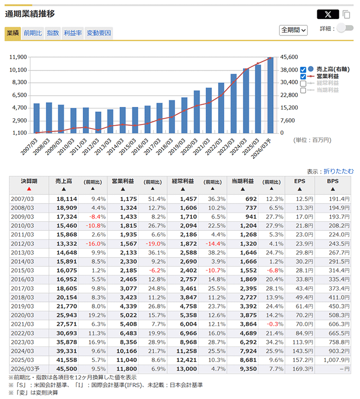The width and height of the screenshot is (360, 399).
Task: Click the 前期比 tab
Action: click(33, 33)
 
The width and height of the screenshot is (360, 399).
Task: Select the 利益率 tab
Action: click(73, 33)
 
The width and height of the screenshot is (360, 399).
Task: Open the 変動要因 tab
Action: click(99, 33)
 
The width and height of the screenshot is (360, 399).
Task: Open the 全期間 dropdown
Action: click(293, 30)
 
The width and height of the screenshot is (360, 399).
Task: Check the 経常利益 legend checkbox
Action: click(303, 83)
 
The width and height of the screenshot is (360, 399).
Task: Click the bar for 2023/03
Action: click(233, 103)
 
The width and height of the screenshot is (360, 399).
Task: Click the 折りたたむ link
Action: click(338, 171)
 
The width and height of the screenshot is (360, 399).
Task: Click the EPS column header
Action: click(299, 181)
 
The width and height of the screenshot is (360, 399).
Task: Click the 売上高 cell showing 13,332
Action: click(67, 243)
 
